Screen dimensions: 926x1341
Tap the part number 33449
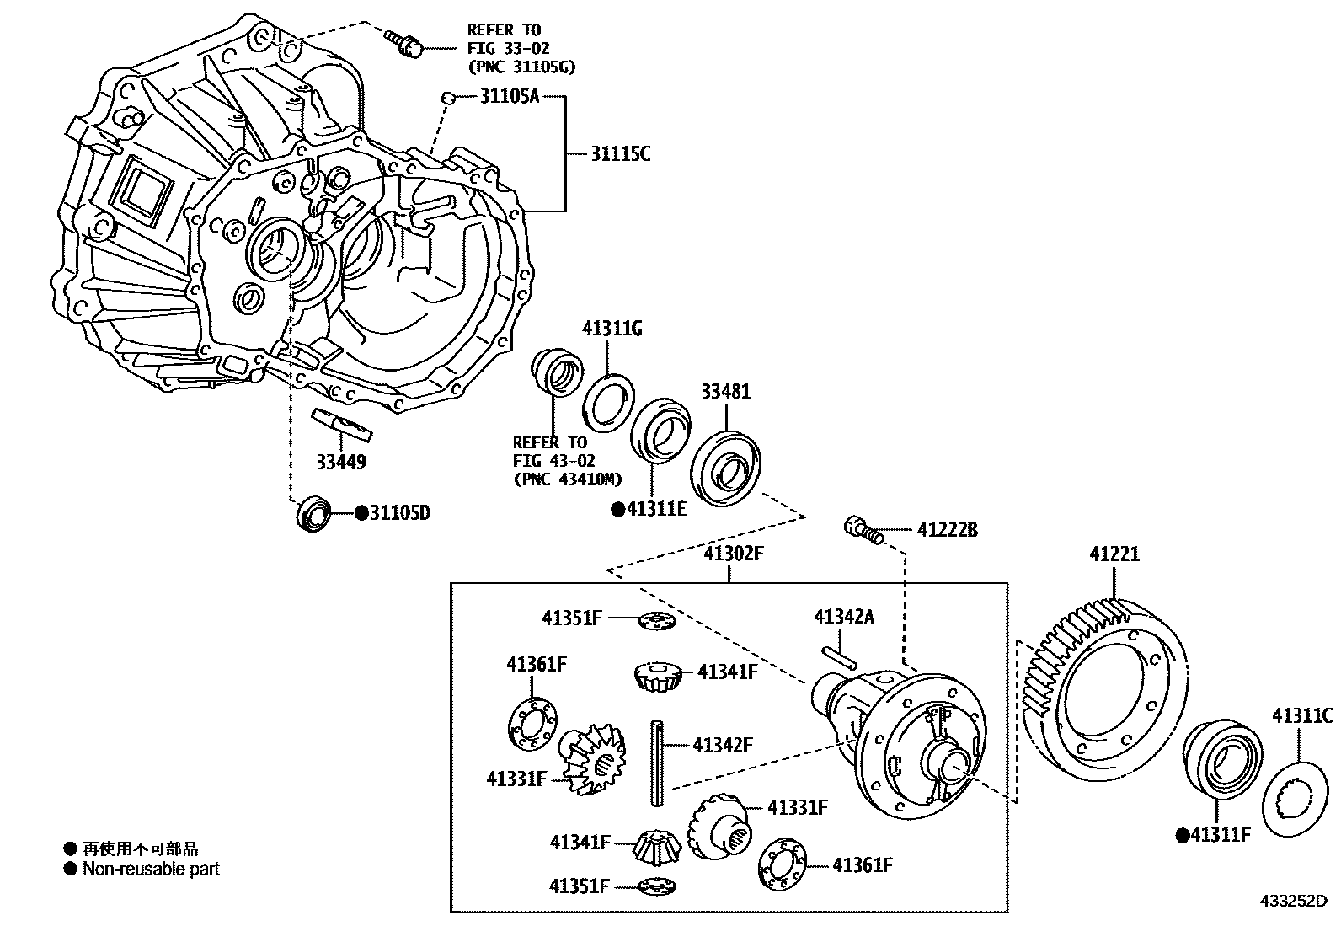pos(341,462)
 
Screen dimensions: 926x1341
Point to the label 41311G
pos(612,329)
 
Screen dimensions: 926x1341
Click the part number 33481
pos(725,392)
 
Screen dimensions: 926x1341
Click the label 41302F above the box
pos(733,554)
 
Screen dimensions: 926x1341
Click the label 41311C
pos(1301,716)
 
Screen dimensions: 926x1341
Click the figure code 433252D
pos(1292,900)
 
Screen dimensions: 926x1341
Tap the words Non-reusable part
pos(151,869)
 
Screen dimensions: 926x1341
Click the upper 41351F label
pos(572,618)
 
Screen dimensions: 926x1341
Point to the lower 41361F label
pos(862,864)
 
